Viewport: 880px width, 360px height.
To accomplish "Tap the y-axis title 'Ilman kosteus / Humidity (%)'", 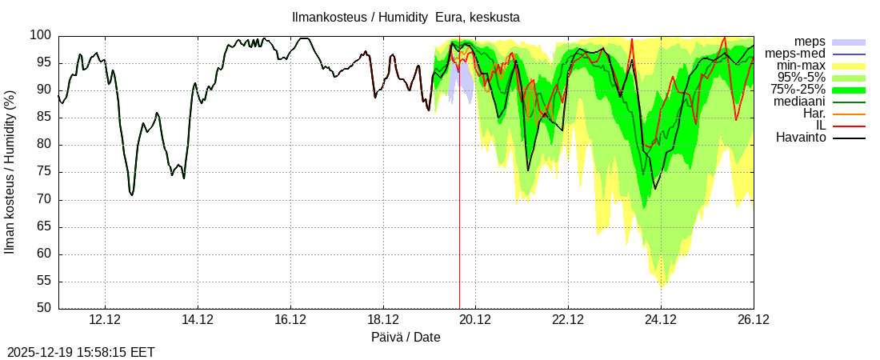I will click(x=10, y=172).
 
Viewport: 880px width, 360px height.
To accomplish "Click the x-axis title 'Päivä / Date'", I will click(x=406, y=337).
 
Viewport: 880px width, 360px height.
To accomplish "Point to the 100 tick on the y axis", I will click(x=41, y=35).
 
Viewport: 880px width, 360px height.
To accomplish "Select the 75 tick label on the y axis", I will click(x=44, y=172).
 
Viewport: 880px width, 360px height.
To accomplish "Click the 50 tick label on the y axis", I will click(x=44, y=308).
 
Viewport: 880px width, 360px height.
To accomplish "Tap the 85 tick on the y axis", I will click(x=44, y=118).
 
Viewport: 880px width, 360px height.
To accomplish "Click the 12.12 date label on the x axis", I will click(x=105, y=320).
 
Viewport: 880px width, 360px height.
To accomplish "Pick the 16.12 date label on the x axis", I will click(x=290, y=320).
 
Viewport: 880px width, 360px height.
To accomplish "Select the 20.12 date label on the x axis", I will click(x=475, y=320).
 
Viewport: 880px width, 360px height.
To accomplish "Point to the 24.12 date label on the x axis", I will click(x=661, y=320).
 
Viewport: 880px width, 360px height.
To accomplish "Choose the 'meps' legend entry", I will click(x=810, y=42).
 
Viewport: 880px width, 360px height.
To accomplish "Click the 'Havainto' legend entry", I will click(x=800, y=138).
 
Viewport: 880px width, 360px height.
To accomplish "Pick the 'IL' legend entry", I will click(x=821, y=126).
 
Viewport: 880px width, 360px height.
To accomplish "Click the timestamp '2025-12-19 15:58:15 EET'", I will click(x=81, y=352).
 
